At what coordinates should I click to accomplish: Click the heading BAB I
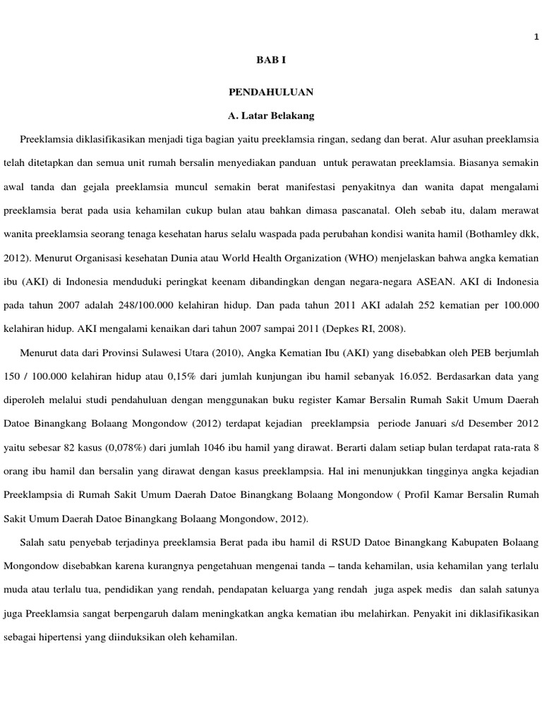270,61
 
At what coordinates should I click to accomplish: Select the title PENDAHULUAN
271,92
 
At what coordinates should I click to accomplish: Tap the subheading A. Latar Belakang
270,114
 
